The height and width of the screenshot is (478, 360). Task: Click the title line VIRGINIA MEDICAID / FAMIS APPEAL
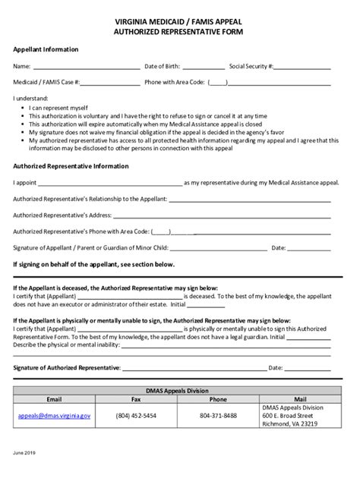[x=180, y=23]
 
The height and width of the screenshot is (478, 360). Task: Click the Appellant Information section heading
[x=46, y=49]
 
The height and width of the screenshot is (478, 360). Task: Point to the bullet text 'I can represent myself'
[x=58, y=108]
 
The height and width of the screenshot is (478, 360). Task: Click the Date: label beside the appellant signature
[x=278, y=247]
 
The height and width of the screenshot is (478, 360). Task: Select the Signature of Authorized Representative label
[x=67, y=367]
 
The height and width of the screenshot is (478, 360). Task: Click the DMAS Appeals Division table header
[x=180, y=390]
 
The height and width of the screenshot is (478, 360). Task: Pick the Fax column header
[x=136, y=399]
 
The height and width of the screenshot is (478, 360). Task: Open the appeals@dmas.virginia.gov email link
[x=54, y=416]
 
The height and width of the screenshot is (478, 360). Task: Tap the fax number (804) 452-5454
[x=136, y=416]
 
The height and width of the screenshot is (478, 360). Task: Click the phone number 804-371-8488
[x=218, y=416]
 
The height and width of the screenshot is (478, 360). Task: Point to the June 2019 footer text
[x=24, y=452]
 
